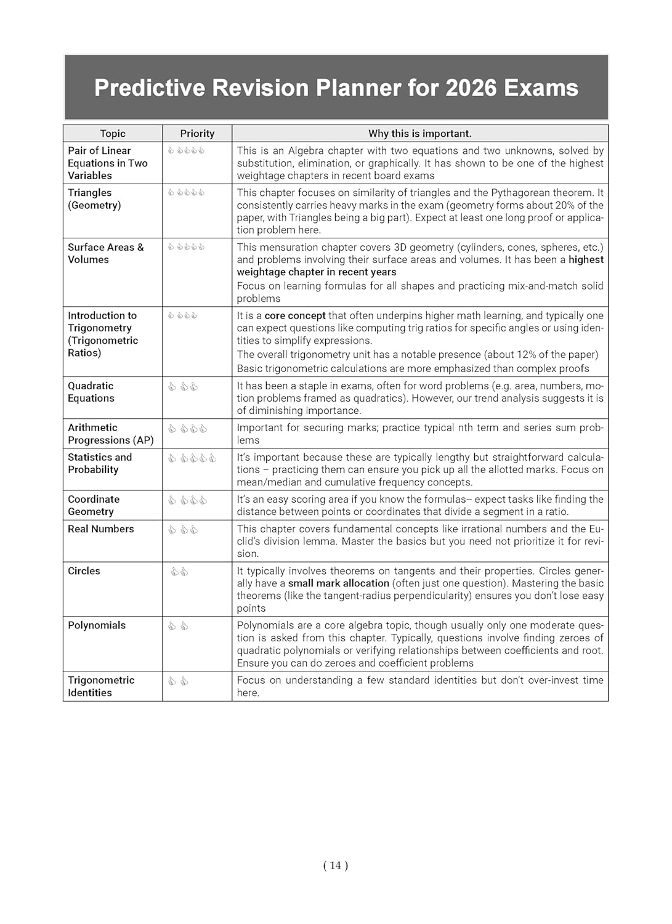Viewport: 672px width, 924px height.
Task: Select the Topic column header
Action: pos(113,134)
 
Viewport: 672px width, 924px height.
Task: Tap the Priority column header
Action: pos(197,134)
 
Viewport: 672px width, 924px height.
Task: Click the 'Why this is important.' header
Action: pos(419,134)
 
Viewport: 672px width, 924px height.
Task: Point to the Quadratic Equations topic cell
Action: pos(91,392)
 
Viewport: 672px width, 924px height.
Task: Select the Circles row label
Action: pos(84,571)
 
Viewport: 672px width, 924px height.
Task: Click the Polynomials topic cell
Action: pos(97,625)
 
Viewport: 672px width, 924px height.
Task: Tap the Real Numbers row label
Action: pos(101,529)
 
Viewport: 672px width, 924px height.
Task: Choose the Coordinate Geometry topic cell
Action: pos(94,506)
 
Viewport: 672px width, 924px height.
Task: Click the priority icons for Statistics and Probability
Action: pos(192,458)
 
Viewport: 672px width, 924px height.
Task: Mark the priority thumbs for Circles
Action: pos(179,572)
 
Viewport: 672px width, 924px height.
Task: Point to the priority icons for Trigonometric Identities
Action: pos(178,681)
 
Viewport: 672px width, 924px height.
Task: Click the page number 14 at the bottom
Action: pos(335,865)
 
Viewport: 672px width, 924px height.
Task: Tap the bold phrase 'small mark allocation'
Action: pos(339,583)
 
